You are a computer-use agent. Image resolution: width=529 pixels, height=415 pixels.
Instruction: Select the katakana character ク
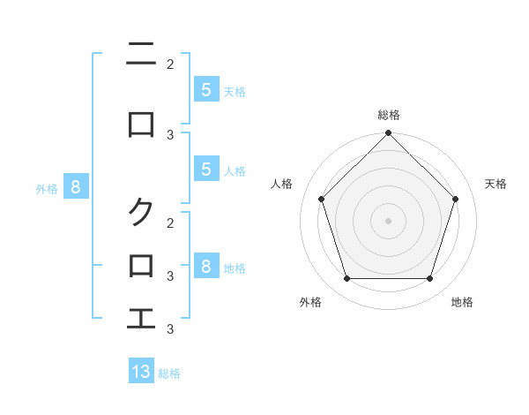141,211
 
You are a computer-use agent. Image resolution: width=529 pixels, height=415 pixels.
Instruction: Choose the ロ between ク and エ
141,265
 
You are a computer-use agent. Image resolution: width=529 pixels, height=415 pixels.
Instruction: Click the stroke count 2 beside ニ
170,64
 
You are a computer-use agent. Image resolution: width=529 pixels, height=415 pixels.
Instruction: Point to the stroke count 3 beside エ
170,328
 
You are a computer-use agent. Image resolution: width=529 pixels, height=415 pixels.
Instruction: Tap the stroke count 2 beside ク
170,223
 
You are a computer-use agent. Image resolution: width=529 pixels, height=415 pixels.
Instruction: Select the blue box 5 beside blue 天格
205,89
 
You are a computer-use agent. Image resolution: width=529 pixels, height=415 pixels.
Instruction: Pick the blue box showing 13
141,372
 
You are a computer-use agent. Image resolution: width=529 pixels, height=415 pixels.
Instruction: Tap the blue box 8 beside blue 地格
205,266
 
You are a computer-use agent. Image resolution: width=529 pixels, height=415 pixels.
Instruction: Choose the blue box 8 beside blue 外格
76,186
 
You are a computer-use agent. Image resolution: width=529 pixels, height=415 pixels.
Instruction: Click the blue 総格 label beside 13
169,373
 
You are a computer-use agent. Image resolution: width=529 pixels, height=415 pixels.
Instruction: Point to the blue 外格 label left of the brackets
47,188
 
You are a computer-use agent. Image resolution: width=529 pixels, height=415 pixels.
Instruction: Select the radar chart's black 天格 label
496,184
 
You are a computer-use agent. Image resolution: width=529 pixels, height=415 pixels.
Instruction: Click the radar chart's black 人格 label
282,184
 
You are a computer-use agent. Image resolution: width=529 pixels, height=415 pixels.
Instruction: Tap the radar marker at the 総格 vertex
388,133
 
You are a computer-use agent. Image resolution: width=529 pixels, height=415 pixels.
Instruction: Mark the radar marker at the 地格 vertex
429,278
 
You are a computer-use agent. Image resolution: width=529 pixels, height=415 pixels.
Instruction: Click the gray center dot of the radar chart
388,220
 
